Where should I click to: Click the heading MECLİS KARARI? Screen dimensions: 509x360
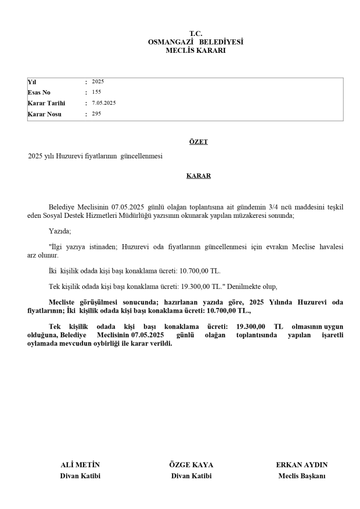195,50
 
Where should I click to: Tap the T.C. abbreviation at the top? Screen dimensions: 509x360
195,34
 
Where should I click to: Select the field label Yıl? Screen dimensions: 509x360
32,82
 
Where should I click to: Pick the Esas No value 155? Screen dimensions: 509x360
96,92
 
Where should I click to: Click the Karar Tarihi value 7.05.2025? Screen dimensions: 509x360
104,103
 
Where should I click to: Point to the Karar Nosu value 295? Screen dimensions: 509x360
96,114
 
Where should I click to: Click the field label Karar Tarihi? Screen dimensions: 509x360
46,103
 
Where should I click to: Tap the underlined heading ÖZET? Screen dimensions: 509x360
198,142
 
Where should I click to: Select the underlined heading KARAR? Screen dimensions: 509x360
198,176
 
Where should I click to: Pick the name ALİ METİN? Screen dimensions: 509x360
80,465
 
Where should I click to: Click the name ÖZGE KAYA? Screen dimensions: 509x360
191,465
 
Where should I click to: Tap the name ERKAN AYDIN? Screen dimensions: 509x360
301,465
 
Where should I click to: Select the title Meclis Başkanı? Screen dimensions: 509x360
301,476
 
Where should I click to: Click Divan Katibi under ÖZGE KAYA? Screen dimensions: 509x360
191,476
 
